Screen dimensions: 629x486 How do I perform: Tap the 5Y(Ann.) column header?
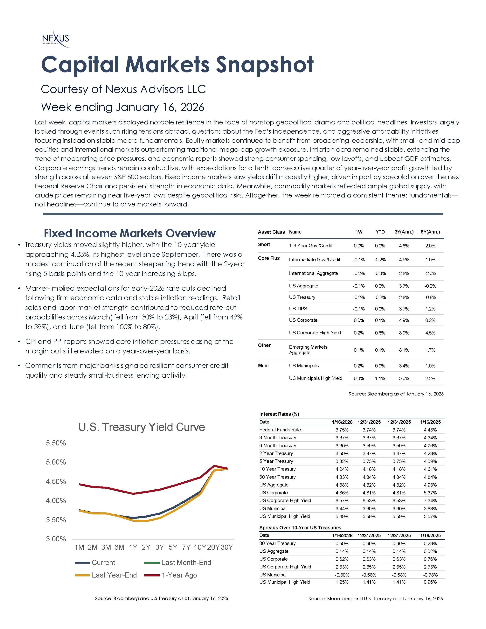pos(430,232)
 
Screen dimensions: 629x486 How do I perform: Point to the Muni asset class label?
pos(263,366)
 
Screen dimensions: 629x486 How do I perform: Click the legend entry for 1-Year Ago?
pos(179,575)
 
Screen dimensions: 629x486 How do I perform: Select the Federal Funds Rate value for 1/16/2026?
pos(342,430)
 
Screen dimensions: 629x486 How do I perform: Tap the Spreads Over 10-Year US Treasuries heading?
pos(300,528)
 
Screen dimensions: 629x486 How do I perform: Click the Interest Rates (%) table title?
pos(279,414)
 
